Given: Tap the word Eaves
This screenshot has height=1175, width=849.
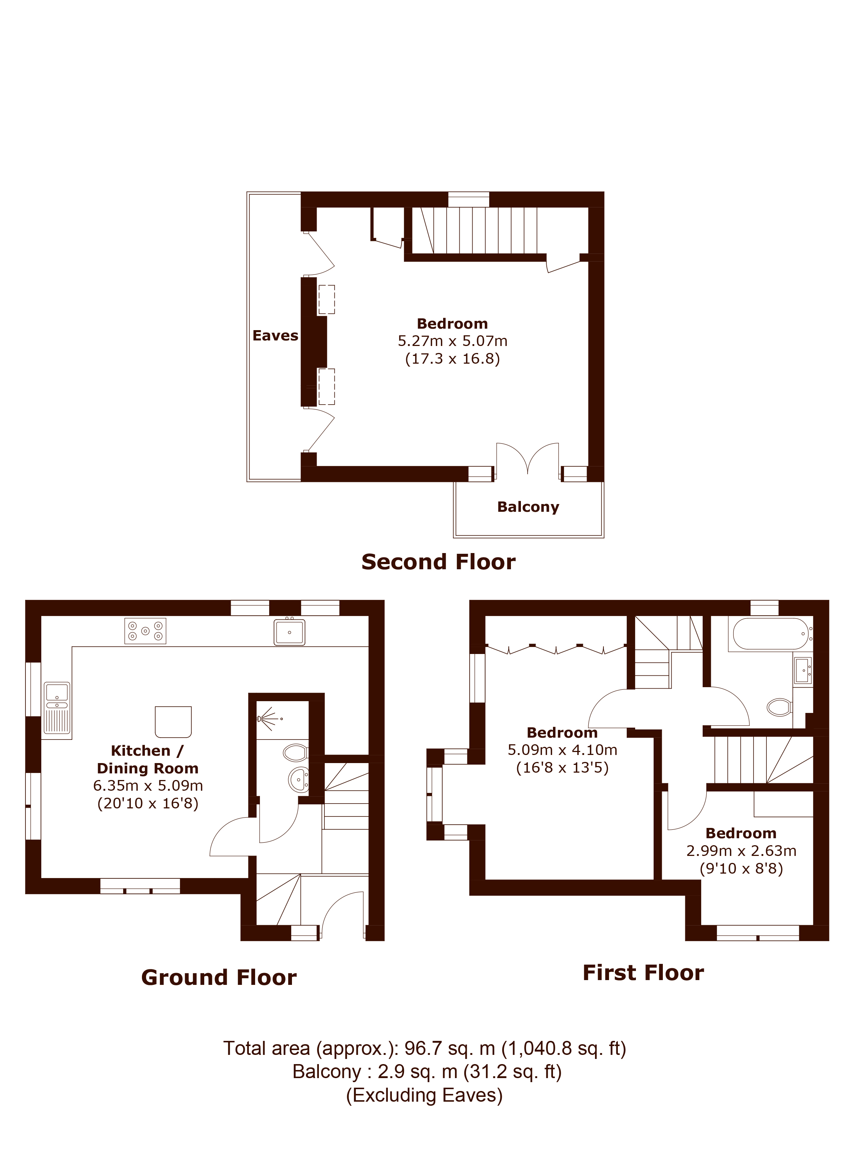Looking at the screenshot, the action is coord(275,336).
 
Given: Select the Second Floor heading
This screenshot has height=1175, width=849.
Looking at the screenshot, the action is coord(438,562).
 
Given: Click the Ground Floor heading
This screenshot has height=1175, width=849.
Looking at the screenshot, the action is coord(219,978).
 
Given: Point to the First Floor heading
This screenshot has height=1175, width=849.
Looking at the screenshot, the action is coord(643,972).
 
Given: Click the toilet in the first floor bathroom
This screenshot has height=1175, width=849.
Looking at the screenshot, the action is coord(780,707).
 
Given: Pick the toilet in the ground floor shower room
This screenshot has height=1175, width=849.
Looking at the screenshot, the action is coord(295,752).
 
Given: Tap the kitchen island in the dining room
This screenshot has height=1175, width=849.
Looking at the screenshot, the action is coord(173,722).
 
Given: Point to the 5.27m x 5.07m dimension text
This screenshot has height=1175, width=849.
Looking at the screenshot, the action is coord(452,341).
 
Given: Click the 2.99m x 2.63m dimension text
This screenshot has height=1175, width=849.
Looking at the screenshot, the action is coord(741,851).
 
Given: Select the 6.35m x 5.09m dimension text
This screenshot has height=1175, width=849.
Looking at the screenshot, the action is coord(148,786).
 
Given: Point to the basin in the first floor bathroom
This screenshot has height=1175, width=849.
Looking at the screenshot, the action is coord(802,670).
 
